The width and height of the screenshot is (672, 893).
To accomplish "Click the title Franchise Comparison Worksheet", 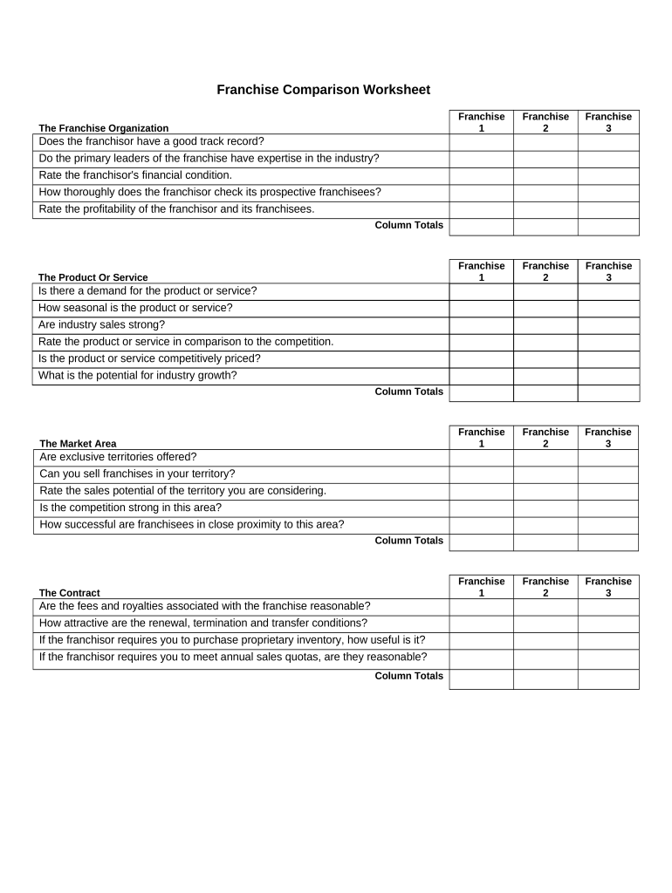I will coord(323,90).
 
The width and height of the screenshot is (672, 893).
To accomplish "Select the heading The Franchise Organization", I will coord(104,128).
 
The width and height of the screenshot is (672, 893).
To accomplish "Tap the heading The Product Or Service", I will coord(93,277).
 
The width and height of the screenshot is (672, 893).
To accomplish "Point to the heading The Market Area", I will coord(78,444).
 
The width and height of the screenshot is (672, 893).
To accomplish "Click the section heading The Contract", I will coord(70,593).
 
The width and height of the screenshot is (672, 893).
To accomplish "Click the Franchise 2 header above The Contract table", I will coord(545,587).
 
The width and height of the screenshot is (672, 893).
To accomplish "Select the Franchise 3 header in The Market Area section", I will coord(608,438).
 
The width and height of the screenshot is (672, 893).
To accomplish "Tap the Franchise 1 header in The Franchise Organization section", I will coord(481,122).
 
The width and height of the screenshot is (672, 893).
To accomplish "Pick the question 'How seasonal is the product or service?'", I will coord(136,308).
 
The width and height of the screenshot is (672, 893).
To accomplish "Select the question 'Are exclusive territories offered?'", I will coord(119,457).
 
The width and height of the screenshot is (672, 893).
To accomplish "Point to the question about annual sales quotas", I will coord(233,657).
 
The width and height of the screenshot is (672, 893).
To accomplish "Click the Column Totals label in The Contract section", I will coord(408,676).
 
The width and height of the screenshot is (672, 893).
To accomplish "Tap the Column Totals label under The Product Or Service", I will coord(408,392).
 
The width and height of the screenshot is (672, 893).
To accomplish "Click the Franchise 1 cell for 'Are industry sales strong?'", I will coord(481,324).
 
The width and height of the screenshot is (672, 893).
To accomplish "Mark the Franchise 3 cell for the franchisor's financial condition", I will coord(608,175).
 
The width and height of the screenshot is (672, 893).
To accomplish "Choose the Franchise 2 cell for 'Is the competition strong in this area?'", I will coord(545,508).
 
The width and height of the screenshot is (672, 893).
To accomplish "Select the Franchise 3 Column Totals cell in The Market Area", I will coord(608,542).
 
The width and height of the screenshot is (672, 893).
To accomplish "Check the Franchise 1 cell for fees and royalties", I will coord(481,607).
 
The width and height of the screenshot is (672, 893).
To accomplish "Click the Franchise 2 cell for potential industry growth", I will coord(545,376).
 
